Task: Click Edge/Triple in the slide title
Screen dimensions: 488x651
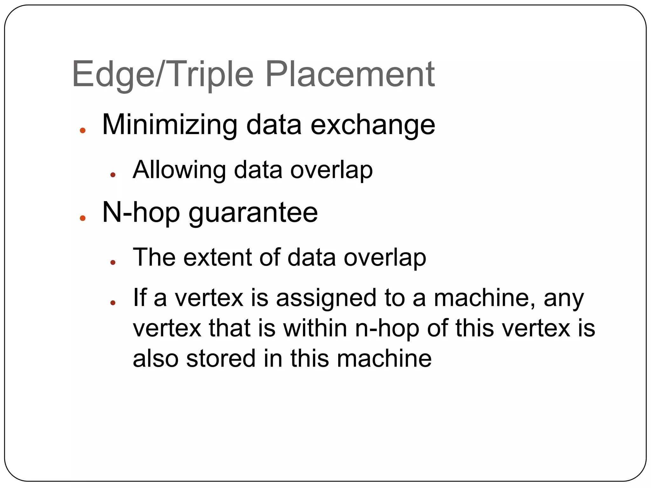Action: [x=163, y=74]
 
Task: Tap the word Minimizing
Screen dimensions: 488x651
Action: [x=169, y=125]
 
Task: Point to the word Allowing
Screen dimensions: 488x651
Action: [x=179, y=170]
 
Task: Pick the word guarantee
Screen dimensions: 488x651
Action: [x=253, y=213]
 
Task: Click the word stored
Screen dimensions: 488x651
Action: [x=221, y=358]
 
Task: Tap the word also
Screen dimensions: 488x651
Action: [x=155, y=358]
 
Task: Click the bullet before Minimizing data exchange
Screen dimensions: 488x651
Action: [x=83, y=130]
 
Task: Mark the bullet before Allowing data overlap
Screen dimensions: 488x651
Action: [x=113, y=175]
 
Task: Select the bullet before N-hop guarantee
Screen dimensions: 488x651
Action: [x=83, y=218]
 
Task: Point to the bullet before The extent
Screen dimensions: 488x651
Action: [x=113, y=262]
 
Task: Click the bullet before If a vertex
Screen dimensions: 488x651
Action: [x=113, y=303]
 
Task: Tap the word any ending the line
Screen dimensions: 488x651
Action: [x=564, y=299]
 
